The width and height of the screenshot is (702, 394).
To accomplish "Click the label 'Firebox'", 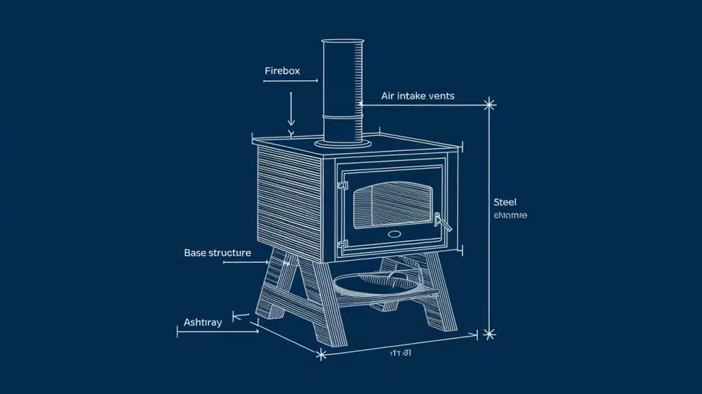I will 282,71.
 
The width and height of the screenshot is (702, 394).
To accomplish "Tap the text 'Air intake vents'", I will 417,96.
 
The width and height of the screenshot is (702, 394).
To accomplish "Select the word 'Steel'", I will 505,202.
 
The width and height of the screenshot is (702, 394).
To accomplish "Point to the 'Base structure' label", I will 217,253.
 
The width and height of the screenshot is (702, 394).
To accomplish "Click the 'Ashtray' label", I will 203,322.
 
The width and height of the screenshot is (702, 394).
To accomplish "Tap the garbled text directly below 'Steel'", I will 510,216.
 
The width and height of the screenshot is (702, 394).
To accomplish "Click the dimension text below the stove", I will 400,354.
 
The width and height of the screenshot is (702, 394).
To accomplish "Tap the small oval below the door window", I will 395,234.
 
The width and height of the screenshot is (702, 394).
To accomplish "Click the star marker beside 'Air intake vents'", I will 489,105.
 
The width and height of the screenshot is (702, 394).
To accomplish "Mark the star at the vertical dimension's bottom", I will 489,334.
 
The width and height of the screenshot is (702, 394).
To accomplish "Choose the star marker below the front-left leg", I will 321,354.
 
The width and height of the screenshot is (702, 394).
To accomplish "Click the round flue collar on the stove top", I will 343,143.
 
